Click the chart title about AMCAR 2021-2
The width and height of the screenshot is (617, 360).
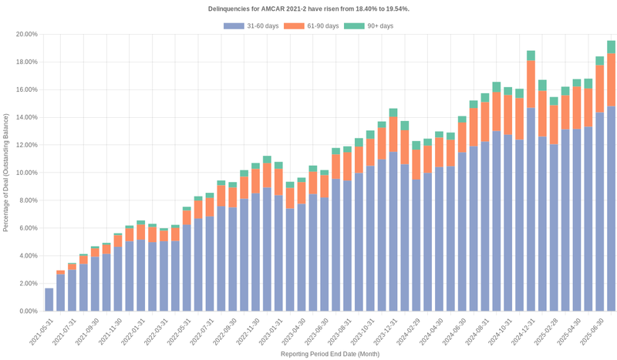(x=308, y=8)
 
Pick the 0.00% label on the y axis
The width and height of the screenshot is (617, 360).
(x=28, y=311)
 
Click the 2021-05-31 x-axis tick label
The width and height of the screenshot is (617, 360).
(x=41, y=332)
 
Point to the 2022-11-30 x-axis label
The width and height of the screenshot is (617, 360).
(x=247, y=332)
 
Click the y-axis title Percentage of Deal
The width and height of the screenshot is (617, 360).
(x=6, y=173)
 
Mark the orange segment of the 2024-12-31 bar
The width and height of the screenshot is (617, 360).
(x=531, y=84)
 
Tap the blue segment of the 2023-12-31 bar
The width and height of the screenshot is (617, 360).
(x=393, y=231)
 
